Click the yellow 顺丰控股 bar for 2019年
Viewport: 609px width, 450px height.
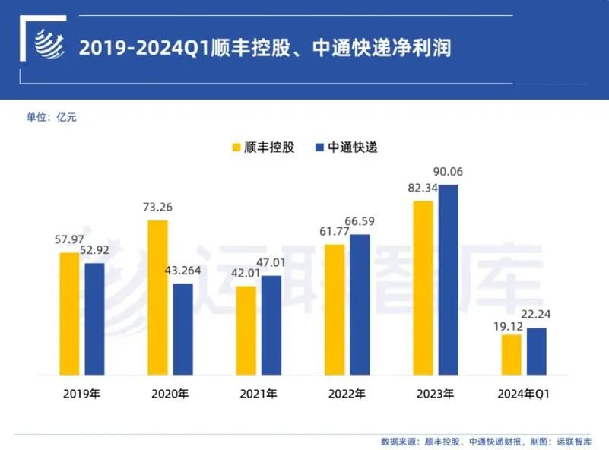pos(69,313)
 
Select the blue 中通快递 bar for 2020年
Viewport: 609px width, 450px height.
pos(182,329)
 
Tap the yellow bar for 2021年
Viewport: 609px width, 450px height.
pos(246,331)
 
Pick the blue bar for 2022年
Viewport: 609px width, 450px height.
pos(360,304)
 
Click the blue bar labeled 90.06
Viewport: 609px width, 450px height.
pos(449,279)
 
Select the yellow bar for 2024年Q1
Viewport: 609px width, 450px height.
pos(512,354)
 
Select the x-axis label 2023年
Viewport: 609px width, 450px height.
pos(436,395)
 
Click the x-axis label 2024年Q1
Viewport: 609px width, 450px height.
pos(524,395)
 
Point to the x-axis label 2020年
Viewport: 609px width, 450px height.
pos(170,395)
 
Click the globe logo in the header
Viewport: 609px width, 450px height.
pos(52,46)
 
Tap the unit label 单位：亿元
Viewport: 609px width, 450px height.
pos(52,117)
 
